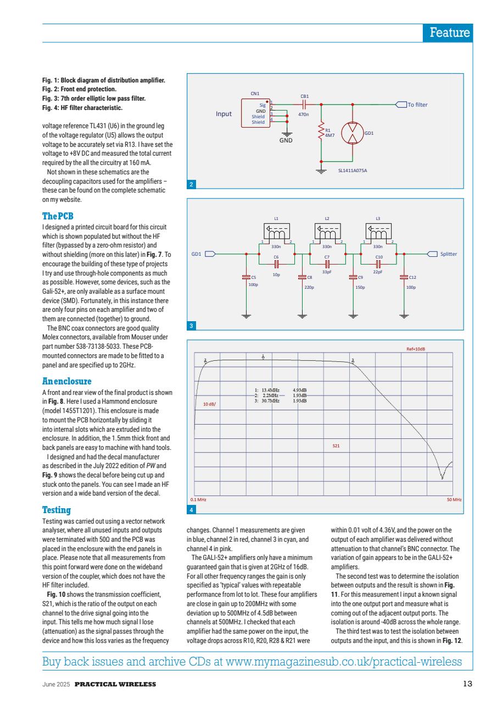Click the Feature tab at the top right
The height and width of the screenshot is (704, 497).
click(450, 32)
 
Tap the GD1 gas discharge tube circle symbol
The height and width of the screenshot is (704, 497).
click(353, 133)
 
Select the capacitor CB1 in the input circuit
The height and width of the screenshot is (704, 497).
click(304, 104)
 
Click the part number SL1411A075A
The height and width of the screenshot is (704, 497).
click(352, 170)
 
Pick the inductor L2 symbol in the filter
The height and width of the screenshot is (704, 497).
click(327, 233)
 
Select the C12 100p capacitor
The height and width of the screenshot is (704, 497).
click(405, 278)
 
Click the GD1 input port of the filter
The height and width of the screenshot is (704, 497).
click(204, 254)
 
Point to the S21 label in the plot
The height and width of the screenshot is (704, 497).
click(337, 447)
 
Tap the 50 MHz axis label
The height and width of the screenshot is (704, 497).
click(454, 499)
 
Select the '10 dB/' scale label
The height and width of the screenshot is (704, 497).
click(209, 404)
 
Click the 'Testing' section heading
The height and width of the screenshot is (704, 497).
click(57, 510)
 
